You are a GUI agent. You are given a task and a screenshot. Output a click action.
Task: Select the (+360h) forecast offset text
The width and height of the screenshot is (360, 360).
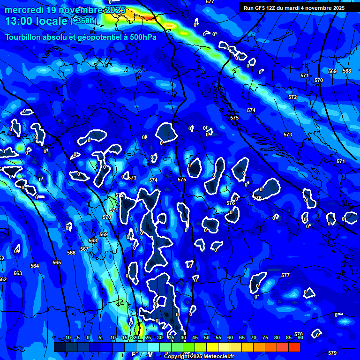click(83, 21)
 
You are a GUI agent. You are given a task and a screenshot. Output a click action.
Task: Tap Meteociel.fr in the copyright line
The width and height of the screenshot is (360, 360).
click(218, 357)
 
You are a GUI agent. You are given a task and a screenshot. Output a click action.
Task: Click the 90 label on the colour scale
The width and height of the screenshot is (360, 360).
click(300, 337)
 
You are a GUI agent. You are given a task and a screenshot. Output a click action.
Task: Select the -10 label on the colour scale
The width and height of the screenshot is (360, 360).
click(67, 337)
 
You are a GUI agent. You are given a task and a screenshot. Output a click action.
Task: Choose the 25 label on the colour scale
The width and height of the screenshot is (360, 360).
click(148, 337)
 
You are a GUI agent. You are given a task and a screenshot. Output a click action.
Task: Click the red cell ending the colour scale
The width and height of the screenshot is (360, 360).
click(294, 347)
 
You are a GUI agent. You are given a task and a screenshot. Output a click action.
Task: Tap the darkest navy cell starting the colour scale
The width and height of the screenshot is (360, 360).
click(60, 347)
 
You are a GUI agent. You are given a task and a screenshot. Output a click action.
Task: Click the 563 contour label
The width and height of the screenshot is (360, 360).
click(18, 273)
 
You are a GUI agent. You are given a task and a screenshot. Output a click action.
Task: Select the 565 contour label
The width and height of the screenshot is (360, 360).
click(57, 263)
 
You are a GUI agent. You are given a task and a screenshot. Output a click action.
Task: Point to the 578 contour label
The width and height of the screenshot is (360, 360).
click(298, 334)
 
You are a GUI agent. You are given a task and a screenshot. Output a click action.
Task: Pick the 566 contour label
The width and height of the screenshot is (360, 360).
click(71, 253)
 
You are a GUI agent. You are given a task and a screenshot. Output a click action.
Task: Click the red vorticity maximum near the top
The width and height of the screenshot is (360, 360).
click(149, 17)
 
